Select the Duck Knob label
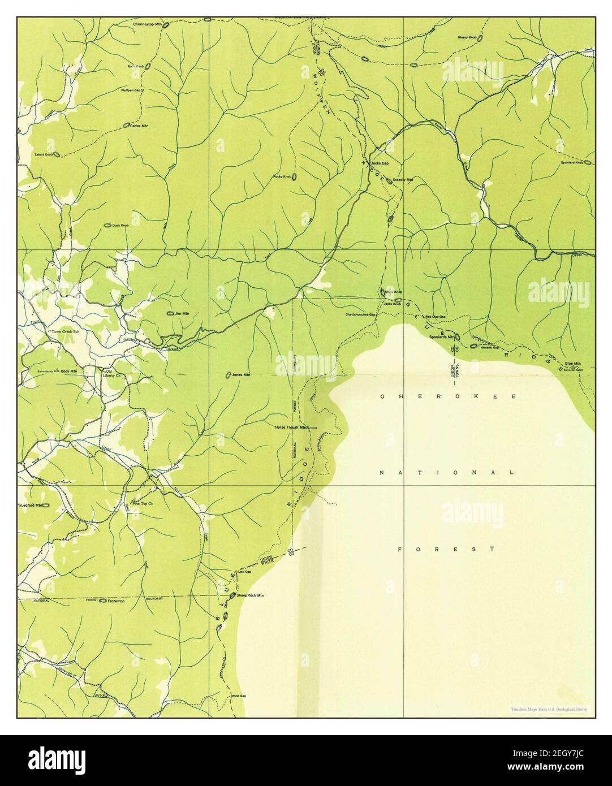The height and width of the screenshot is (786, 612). (x=120, y=225)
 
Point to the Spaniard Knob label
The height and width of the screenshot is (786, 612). (x=571, y=163)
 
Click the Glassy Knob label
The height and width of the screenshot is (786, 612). (x=467, y=38)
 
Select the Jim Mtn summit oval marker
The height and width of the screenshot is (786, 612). (x=169, y=313)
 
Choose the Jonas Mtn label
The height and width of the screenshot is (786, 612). (x=241, y=375)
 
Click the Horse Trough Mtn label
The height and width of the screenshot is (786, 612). (x=291, y=427)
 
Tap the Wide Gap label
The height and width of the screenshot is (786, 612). (x=239, y=696)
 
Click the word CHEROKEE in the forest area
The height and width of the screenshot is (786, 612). (x=448, y=397)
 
